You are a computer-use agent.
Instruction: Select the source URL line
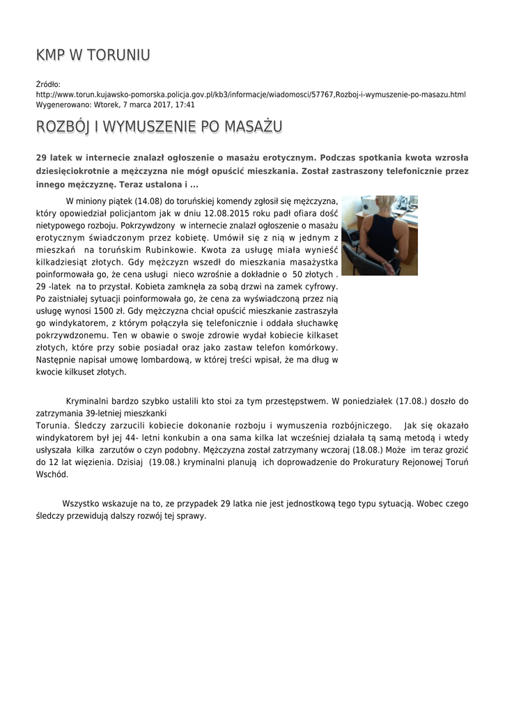click(x=251, y=95)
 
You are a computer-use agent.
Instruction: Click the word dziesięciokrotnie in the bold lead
click(x=79, y=171)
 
